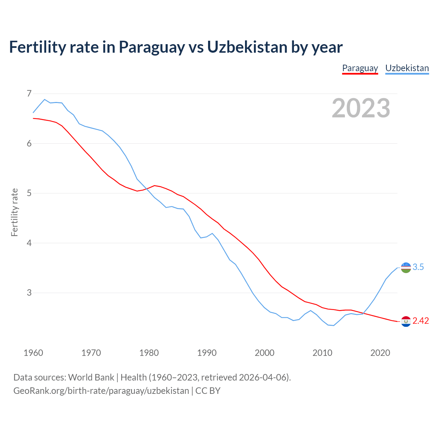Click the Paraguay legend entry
click(x=360, y=68)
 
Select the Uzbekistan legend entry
click(x=407, y=68)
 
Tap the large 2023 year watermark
click(x=361, y=108)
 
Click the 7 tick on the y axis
click(x=29, y=93)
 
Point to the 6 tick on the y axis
click(x=29, y=143)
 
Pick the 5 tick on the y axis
click(x=29, y=193)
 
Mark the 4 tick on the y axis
click(x=29, y=243)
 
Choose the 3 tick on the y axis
click(x=29, y=293)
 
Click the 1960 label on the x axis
click(x=33, y=353)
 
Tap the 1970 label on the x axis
click(x=91, y=353)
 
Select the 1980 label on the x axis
click(x=149, y=353)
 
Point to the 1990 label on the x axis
click(x=207, y=353)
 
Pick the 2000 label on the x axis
click(x=265, y=353)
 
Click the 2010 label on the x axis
click(x=322, y=353)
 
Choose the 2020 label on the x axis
click(x=380, y=353)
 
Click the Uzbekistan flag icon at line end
click(x=406, y=268)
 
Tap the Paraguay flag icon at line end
click(x=406, y=321)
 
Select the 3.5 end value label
click(x=418, y=267)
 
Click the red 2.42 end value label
click(x=421, y=321)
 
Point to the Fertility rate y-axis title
click(x=14, y=212)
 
